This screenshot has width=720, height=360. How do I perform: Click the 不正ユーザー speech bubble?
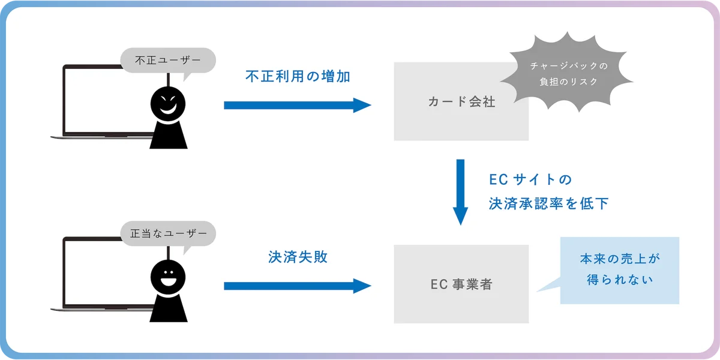pos(159,60)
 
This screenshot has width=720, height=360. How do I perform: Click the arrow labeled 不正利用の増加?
pos(297,105)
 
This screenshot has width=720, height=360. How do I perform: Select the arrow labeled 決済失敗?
pos(297,286)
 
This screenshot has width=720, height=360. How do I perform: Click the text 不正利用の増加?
pos(298,76)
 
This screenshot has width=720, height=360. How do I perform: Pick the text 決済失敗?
pos(298,257)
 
